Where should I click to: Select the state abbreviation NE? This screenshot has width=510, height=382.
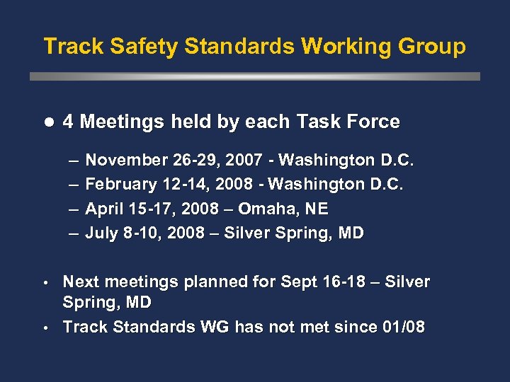(314, 209)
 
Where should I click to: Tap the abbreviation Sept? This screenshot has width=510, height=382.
(300, 282)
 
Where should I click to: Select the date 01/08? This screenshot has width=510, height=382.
(402, 327)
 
